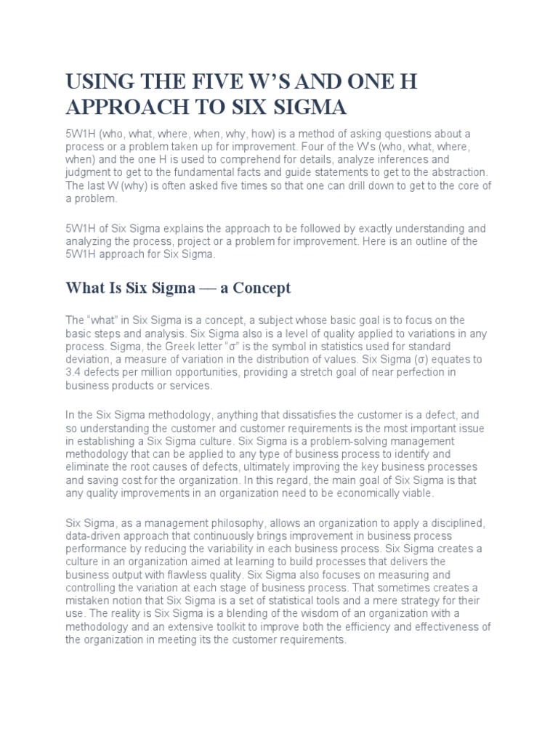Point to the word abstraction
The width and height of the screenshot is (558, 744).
[456, 171]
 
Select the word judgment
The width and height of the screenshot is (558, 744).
[91, 171]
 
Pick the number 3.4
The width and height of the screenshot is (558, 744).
[74, 373]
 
